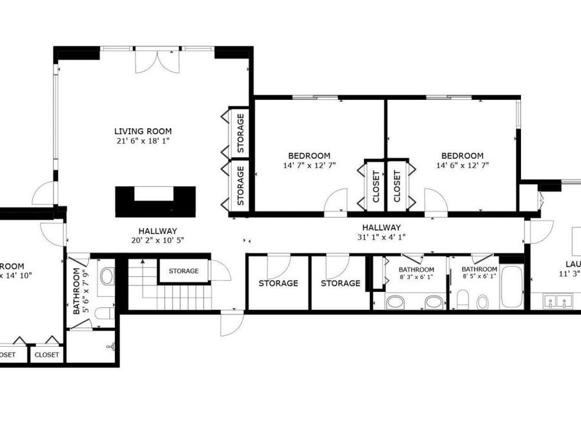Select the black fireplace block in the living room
pyautogui.click(x=155, y=200)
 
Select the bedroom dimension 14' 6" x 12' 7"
pyautogui.click(x=462, y=165)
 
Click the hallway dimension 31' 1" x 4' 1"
pyautogui.click(x=381, y=237)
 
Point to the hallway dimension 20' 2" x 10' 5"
pyautogui.click(x=158, y=240)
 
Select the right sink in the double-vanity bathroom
pyautogui.click(x=434, y=302)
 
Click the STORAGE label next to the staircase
pyautogui.click(x=184, y=271)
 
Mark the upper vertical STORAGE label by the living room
pyautogui.click(x=240, y=133)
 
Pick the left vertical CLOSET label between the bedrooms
pyautogui.click(x=376, y=186)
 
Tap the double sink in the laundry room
pyautogui.click(x=556, y=300)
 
